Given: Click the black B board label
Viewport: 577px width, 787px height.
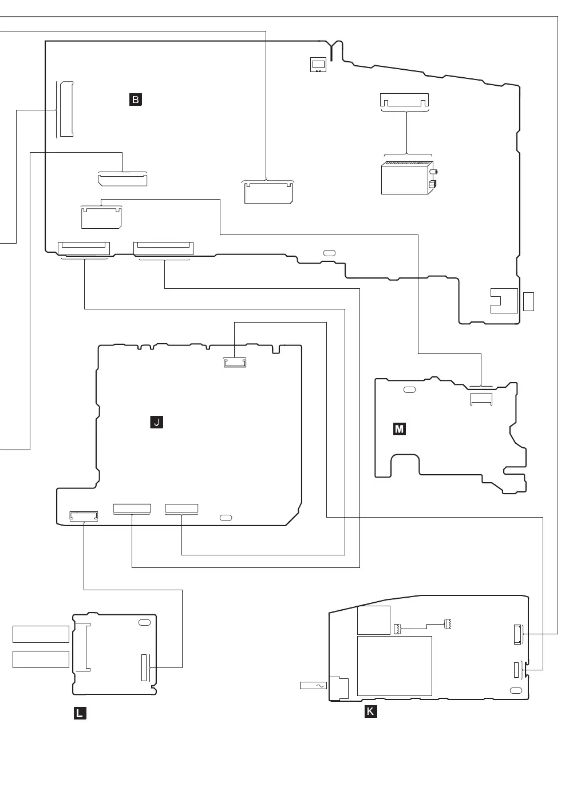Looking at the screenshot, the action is pos(135,100).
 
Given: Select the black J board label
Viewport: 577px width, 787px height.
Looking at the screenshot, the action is pos(156,423).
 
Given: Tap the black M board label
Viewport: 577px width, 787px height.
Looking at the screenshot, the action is pos(400,429).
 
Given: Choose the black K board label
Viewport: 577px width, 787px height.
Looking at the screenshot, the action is pos(371,712).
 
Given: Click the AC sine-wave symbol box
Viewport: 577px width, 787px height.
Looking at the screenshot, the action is pos(313,685).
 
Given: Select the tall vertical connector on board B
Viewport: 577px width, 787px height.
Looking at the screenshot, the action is pos(65,110).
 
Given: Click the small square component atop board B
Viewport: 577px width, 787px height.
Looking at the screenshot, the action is pos(318,65).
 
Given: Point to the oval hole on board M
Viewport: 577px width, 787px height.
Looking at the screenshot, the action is pos(409,390).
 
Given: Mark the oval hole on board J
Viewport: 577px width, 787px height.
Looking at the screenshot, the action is pos(226,518).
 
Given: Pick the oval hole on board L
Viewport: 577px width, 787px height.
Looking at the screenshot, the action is pos(144,622).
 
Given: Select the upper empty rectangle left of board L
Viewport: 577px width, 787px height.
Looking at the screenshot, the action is pos(41,634).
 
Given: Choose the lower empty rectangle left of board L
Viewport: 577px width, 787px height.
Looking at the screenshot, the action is pos(41,659).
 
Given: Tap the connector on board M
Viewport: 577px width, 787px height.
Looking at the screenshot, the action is pos(481,399).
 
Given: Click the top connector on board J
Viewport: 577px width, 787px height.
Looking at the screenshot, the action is pos(235,363).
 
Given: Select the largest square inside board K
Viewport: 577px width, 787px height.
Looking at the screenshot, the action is pos(394,666).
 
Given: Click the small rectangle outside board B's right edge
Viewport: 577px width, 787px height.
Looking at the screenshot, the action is pos(528,301).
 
